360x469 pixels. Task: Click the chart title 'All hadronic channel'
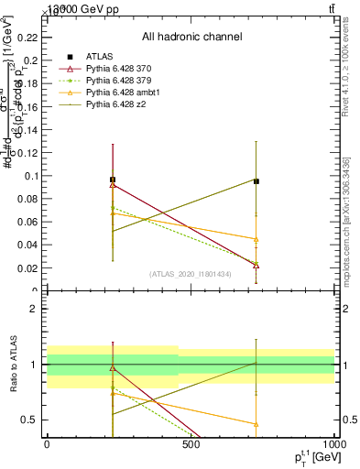[191, 37]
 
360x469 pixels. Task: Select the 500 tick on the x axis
[191, 445]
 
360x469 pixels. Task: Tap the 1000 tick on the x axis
[333, 445]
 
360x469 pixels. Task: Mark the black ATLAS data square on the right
[256, 181]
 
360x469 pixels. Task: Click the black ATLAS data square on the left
[112, 180]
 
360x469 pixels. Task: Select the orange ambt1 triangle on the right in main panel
[256, 239]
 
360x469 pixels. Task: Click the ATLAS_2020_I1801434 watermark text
[191, 274]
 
